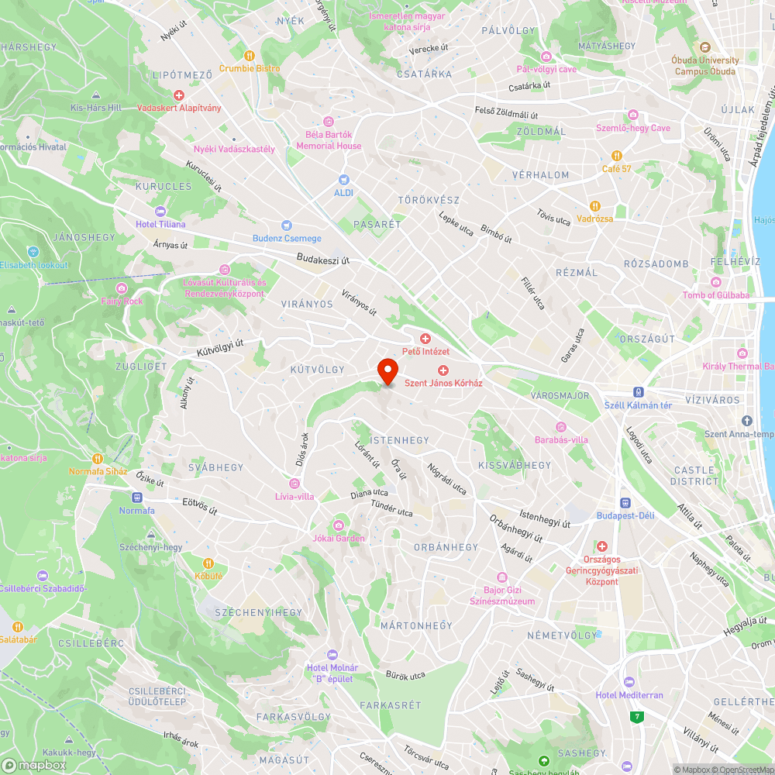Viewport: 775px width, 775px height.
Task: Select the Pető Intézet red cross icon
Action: pyautogui.click(x=425, y=339)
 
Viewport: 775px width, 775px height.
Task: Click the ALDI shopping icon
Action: pyautogui.click(x=343, y=179)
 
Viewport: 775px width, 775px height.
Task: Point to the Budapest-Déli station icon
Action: pyautogui.click(x=625, y=502)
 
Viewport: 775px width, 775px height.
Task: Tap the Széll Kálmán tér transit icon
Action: pyautogui.click(x=639, y=392)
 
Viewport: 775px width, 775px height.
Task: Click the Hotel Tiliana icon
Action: pyautogui.click(x=160, y=212)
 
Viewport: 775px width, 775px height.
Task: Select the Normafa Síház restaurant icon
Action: pyautogui.click(x=98, y=458)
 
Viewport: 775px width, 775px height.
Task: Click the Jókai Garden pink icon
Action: pyautogui.click(x=338, y=525)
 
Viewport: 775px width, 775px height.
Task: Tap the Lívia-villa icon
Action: pyautogui.click(x=294, y=483)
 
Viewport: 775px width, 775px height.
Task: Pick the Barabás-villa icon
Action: pyautogui.click(x=561, y=427)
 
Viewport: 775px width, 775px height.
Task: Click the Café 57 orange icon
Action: pyautogui.click(x=617, y=156)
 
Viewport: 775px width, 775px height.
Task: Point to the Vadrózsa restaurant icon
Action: pyautogui.click(x=594, y=206)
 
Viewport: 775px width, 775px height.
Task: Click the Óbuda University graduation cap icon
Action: pyautogui.click(x=705, y=47)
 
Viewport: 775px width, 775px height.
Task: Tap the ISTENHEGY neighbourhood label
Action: pyautogui.click(x=399, y=440)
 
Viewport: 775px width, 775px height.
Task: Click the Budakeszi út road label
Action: pyautogui.click(x=322, y=260)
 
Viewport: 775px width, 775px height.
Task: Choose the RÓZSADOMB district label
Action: pyautogui.click(x=656, y=263)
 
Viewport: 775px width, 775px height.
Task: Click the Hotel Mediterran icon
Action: pyautogui.click(x=629, y=682)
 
